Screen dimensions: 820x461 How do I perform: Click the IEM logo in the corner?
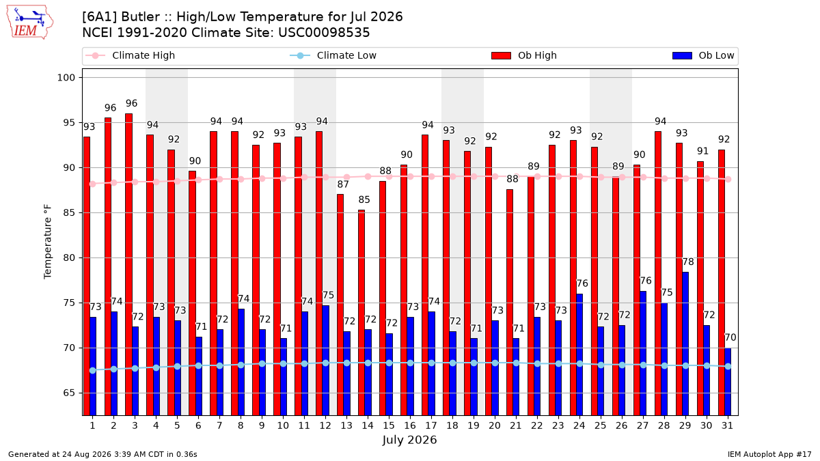pos(29,23)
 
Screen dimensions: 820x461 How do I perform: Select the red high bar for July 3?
pos(129,264)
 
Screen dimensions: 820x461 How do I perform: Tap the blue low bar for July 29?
pos(685,344)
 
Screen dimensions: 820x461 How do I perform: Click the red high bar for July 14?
pos(361,313)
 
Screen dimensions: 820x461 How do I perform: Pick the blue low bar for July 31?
pos(728,382)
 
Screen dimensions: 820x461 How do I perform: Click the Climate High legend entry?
pos(130,55)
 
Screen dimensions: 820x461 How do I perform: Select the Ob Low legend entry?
pos(703,55)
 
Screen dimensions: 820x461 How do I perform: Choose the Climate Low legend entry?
pos(333,55)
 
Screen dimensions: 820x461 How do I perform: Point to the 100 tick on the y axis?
pos(66,78)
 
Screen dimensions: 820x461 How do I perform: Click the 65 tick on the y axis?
pos(69,393)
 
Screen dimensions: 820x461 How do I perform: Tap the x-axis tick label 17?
pos(431,425)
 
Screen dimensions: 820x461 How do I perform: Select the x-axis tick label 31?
pos(727,425)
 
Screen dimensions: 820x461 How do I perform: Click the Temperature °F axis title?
pos(48,242)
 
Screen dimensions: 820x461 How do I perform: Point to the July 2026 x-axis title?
pos(409,440)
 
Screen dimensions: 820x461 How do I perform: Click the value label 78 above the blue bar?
pos(688,262)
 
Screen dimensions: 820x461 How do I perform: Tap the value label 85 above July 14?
pos(364,199)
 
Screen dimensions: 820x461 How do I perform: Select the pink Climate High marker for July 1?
pos(93,184)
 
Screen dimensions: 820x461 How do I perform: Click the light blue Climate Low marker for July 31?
pos(728,366)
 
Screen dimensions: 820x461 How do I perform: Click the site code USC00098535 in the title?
pos(324,33)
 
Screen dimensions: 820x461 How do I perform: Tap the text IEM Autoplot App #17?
pos(769,454)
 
